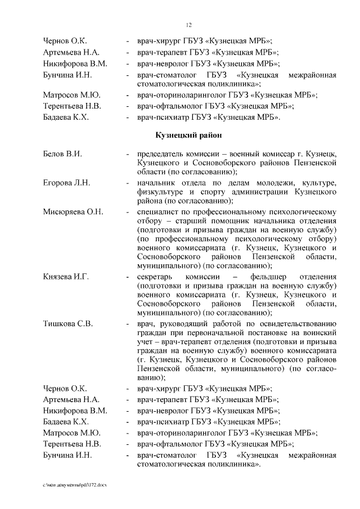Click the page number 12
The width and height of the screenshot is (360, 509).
click(x=189, y=25)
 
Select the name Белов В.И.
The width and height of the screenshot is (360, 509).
click(x=62, y=154)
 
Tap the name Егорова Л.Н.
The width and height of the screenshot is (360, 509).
click(x=66, y=183)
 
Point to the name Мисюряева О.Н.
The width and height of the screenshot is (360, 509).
click(x=73, y=211)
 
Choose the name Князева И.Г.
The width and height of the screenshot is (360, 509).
click(x=66, y=277)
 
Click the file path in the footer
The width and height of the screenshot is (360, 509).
click(x=74, y=485)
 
